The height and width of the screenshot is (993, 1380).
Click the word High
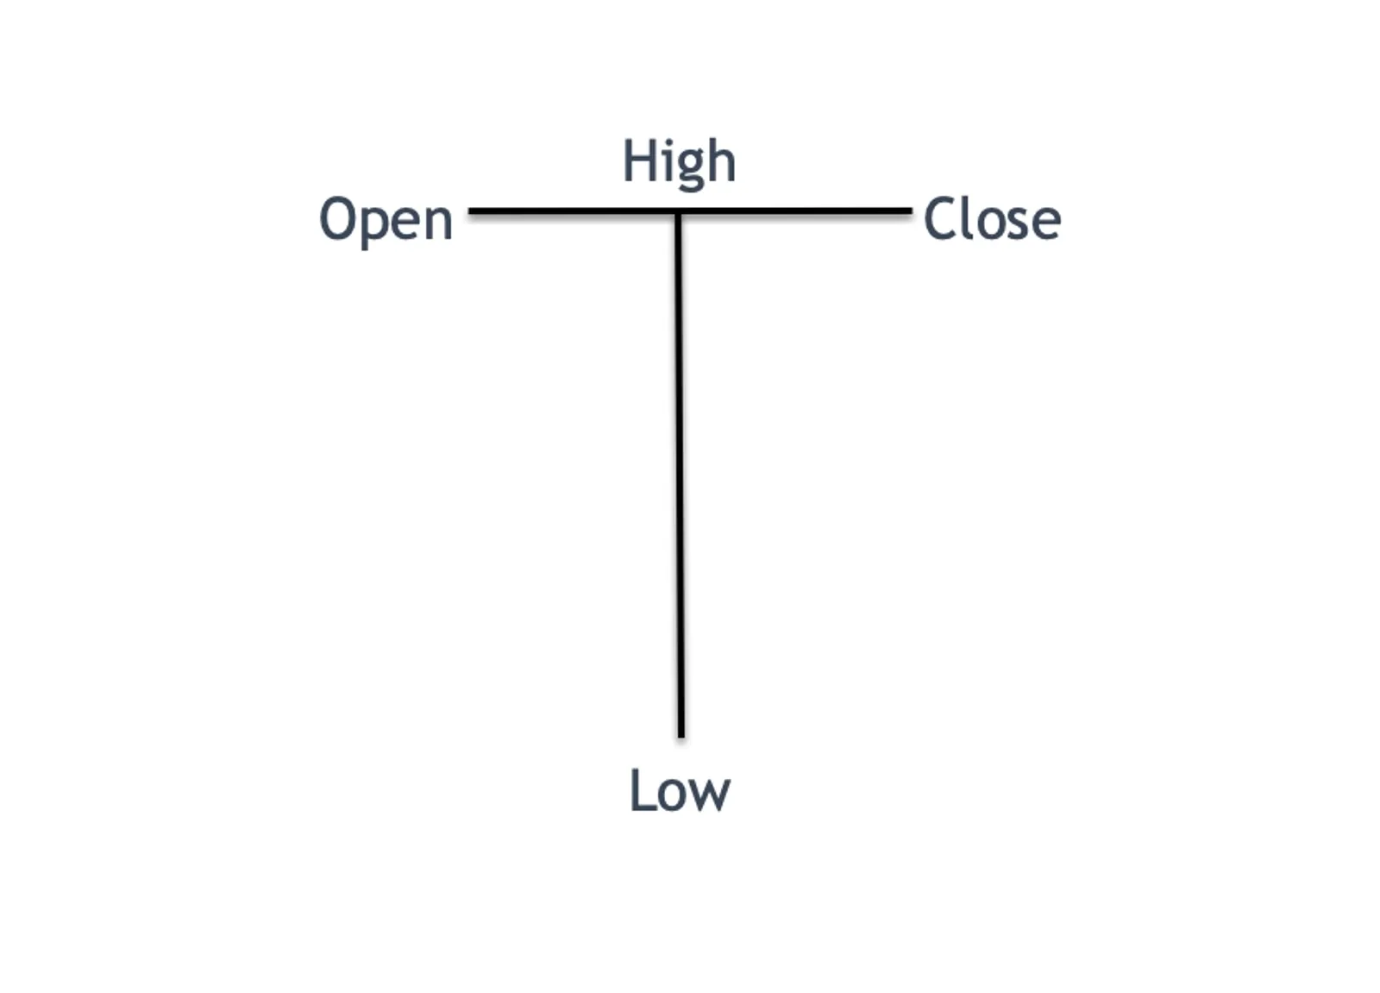[x=680, y=164]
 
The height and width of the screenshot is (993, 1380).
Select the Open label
[x=386, y=222]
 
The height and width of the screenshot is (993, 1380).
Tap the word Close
[x=992, y=219]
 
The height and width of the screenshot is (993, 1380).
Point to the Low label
[x=680, y=790]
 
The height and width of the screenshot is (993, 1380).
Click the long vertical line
[x=680, y=475]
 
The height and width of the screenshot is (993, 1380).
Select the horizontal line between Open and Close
[x=690, y=211]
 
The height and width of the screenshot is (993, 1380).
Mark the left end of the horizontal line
[x=469, y=211]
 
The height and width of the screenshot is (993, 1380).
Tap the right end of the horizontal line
[x=912, y=211]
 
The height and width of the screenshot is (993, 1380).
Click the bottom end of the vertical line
[x=681, y=737]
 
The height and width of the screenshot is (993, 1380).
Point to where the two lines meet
[x=678, y=212]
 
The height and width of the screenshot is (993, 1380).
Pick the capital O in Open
[x=338, y=219]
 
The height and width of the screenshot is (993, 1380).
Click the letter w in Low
[x=710, y=795]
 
